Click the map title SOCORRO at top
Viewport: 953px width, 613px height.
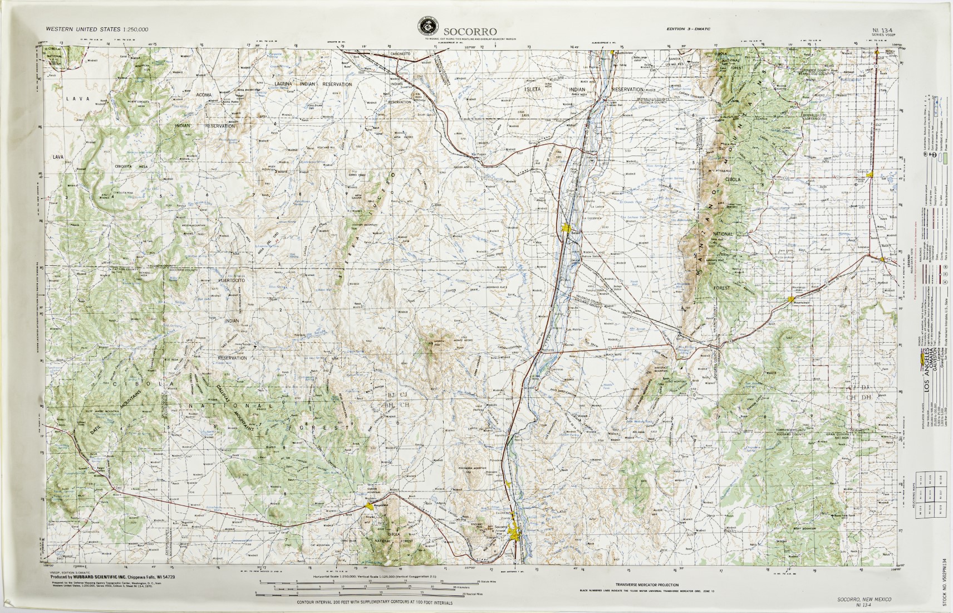466,31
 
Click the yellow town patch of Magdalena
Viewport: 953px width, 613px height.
370,506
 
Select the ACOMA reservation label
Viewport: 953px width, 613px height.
204,95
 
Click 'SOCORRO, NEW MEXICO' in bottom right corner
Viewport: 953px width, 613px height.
864,599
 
